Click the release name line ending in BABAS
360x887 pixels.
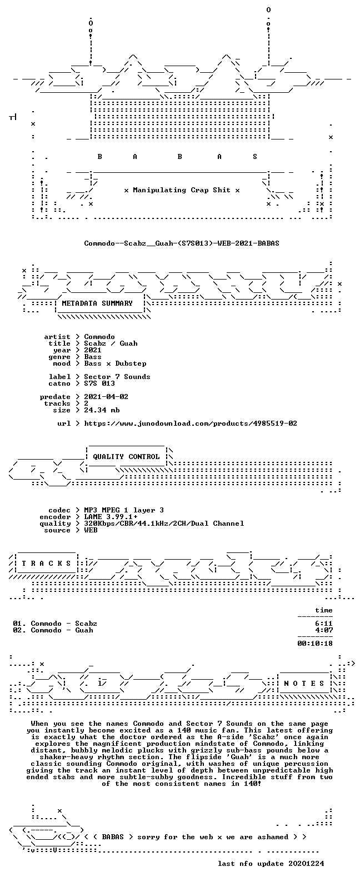181,243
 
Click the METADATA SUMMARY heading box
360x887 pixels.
97,303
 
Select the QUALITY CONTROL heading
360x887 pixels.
126,457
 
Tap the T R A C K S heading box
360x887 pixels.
46,563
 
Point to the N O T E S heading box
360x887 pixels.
304,683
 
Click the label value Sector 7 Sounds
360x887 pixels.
117,377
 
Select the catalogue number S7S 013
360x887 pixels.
99,383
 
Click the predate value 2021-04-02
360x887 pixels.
106,397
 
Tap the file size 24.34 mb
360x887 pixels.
102,410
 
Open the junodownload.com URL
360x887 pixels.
191,423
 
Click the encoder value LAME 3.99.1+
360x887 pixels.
111,517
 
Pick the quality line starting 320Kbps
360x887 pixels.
164,524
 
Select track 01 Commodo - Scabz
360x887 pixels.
55,624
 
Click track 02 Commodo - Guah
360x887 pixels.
53,630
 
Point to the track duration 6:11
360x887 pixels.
324,624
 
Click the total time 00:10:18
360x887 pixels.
315,644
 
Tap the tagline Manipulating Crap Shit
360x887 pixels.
182,190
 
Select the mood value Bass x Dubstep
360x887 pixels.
115,363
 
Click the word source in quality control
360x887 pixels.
57,530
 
